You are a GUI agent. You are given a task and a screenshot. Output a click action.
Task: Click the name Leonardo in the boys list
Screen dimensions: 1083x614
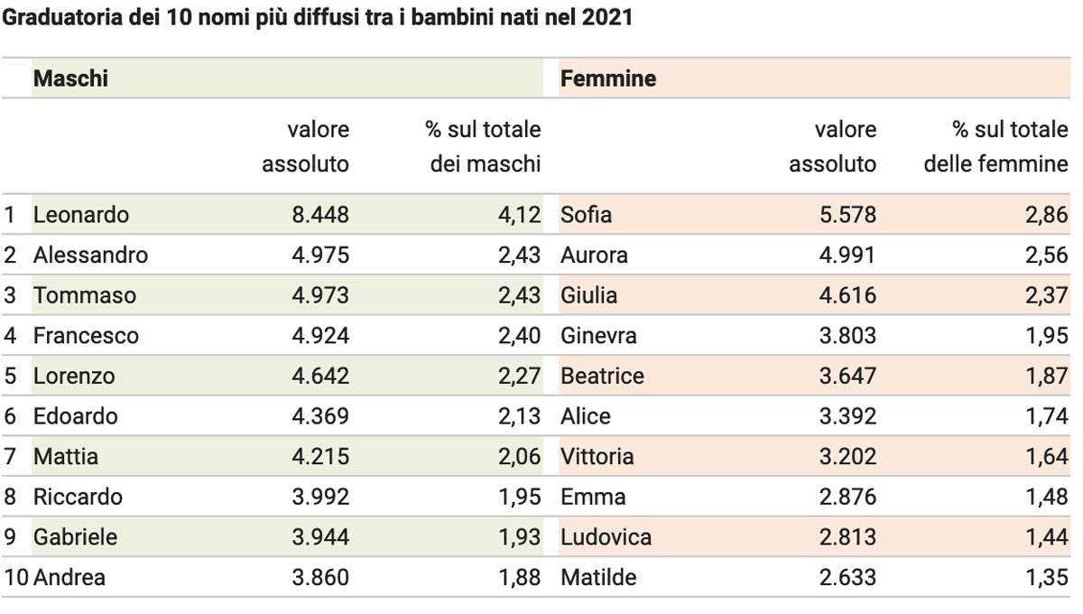coord(80,215)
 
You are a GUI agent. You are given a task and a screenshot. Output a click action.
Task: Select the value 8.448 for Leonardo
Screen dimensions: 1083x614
coord(320,215)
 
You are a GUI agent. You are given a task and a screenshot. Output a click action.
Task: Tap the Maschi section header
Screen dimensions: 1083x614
coord(70,79)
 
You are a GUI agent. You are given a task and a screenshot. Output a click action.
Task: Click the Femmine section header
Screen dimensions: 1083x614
coord(608,79)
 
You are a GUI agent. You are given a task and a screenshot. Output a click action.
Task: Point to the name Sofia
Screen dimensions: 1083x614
coord(586,215)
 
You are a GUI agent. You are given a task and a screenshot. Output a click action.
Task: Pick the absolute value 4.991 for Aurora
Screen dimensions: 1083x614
coord(847,255)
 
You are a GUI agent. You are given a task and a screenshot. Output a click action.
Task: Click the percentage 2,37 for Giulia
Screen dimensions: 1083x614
coord(1047,295)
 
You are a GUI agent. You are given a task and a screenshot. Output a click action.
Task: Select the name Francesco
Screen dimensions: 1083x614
coord(86,336)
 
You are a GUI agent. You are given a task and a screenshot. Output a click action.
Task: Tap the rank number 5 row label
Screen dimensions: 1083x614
coord(10,376)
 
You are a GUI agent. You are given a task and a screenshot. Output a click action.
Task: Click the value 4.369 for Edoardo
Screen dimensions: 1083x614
coord(320,416)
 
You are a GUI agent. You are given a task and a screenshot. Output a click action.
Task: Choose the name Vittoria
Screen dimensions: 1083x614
coord(597,456)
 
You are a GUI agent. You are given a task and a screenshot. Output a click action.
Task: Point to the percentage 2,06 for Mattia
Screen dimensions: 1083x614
coord(519,456)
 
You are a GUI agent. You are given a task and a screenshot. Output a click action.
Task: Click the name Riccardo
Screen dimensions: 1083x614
coord(78,497)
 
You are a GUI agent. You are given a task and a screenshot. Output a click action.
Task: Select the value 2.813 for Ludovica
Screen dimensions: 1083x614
coord(847,537)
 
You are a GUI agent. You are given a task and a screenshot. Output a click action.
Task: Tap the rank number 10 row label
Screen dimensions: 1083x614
coord(16,577)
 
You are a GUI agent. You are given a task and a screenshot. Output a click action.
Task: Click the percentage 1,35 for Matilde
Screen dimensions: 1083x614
coord(1047,577)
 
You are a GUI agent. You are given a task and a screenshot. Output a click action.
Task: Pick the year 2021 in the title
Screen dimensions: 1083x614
coord(607,17)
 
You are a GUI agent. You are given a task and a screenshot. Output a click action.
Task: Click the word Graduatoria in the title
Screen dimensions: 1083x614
coord(62,17)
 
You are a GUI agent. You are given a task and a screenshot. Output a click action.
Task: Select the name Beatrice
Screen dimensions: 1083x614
coord(603,376)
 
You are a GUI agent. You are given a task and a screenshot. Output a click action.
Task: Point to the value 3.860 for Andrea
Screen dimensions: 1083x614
coord(320,577)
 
